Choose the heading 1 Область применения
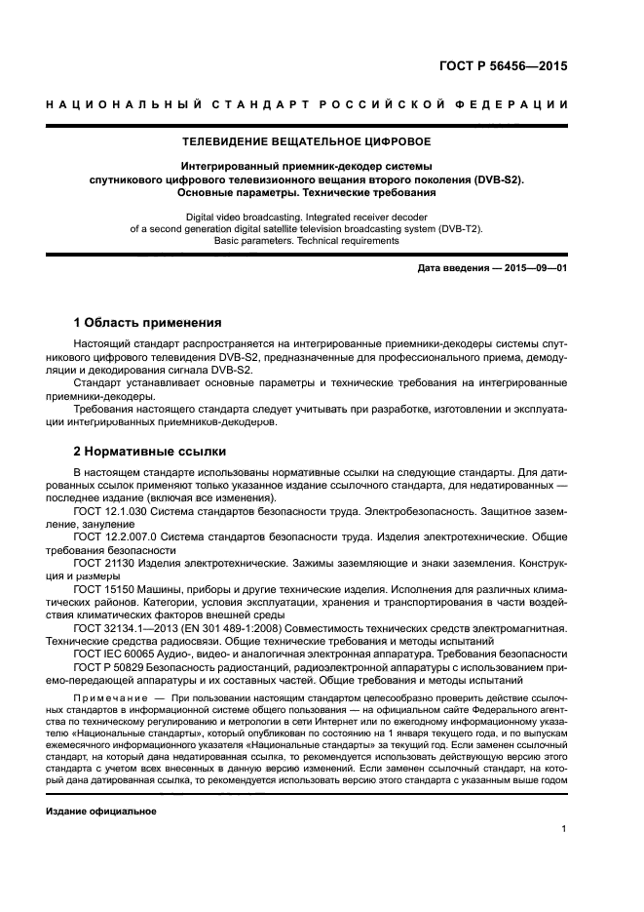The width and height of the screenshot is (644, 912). click(x=148, y=323)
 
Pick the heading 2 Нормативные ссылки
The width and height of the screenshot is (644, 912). click(x=150, y=452)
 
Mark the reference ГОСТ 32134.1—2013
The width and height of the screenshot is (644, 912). click(x=125, y=628)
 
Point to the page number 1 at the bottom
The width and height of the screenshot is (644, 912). click(x=563, y=830)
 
